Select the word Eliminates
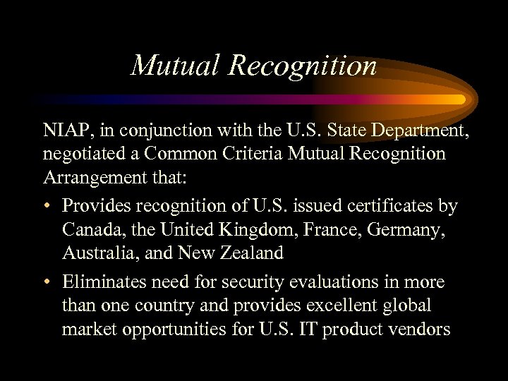(102, 283)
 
